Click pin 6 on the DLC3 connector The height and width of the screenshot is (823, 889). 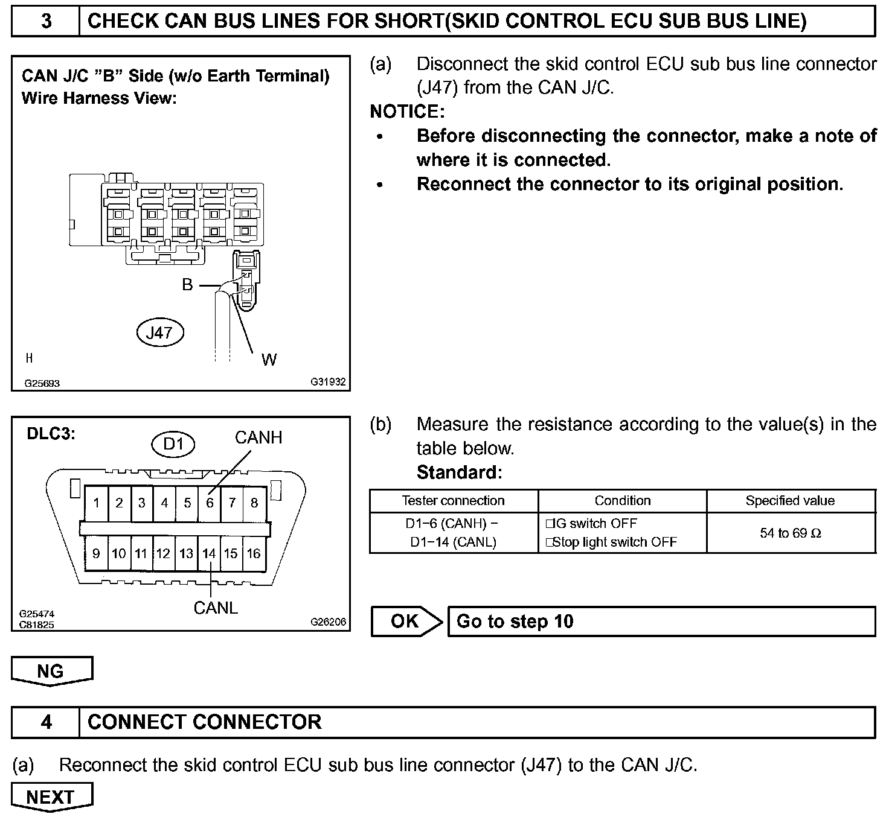click(210, 503)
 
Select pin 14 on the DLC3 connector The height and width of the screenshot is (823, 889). click(209, 553)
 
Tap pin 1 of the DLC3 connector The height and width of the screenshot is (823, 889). click(97, 503)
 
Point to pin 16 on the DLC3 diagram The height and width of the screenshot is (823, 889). click(254, 553)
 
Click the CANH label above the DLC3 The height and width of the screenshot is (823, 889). click(258, 437)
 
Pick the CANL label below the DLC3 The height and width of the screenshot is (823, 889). click(216, 608)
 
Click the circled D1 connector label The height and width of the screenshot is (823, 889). click(173, 444)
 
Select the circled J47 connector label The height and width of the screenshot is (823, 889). click(159, 332)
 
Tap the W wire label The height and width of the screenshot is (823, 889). click(269, 360)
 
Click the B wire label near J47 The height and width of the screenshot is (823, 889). click(188, 285)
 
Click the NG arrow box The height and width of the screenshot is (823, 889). click(51, 671)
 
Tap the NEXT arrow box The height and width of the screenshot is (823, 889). click(51, 797)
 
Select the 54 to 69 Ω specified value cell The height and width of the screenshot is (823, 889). click(791, 533)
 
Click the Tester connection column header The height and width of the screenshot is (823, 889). click(453, 501)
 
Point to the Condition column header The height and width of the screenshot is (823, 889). click(622, 501)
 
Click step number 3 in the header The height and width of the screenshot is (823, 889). click(46, 21)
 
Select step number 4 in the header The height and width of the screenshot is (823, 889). click(46, 722)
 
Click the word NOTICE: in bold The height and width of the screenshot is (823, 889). click(407, 112)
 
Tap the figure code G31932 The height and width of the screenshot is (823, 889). click(328, 382)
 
